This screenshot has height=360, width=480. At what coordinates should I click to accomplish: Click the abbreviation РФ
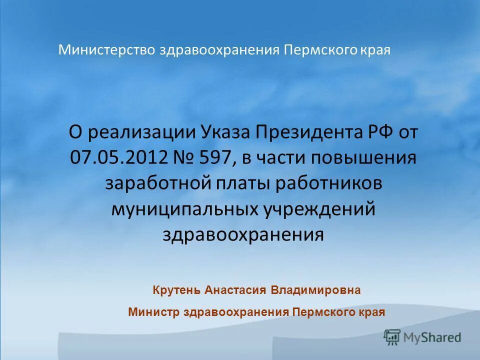(378, 133)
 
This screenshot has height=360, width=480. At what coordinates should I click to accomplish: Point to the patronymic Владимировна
(315, 290)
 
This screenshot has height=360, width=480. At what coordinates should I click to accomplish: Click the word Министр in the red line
(154, 312)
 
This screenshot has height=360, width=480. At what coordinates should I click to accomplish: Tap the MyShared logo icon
(392, 337)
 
